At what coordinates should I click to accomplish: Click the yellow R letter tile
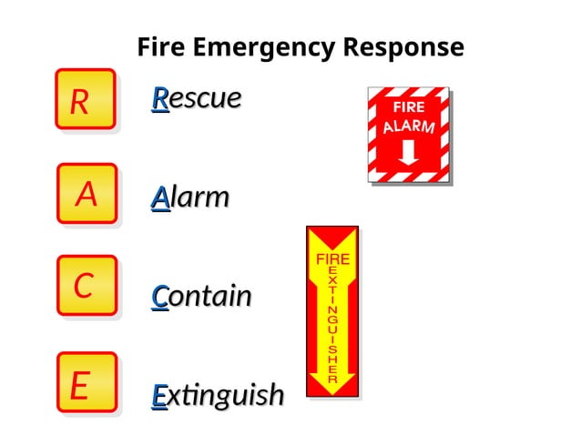(x=85, y=99)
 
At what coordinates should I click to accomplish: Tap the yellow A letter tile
(x=87, y=194)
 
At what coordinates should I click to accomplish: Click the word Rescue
(x=197, y=98)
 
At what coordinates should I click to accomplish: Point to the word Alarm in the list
(x=190, y=197)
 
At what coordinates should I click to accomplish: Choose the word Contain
(x=201, y=296)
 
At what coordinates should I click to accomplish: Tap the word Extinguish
(x=218, y=395)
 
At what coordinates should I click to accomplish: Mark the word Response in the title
(x=403, y=46)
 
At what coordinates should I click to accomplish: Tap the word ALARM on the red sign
(x=409, y=126)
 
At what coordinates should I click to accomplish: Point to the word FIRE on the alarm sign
(x=409, y=107)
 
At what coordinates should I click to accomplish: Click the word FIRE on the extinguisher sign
(x=332, y=259)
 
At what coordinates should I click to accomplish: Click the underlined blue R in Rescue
(x=159, y=98)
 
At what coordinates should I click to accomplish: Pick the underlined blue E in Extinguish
(x=158, y=395)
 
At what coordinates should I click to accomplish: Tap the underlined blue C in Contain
(x=159, y=296)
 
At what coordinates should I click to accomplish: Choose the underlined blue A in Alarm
(x=160, y=197)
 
